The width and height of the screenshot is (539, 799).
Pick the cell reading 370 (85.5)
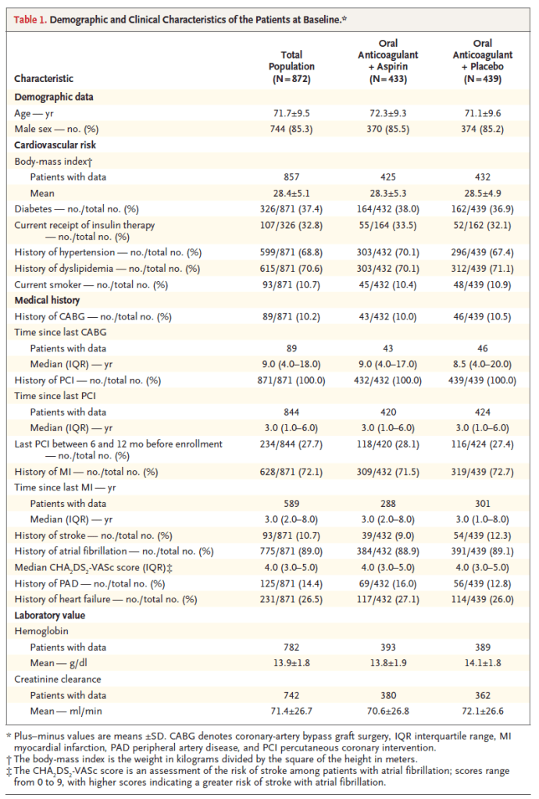(388, 127)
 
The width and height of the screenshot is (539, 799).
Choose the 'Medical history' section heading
(48, 300)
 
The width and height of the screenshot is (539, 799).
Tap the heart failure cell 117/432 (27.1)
(388, 598)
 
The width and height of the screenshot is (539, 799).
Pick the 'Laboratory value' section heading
(50, 615)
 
